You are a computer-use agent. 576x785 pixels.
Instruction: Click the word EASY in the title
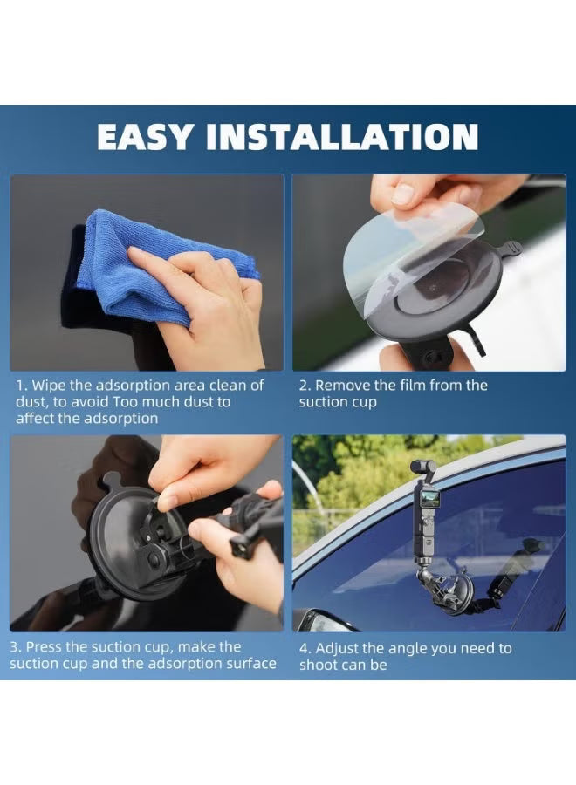(145, 136)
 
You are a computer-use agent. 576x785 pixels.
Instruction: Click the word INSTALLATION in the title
(342, 136)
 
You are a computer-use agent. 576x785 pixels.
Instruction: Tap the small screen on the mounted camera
(430, 497)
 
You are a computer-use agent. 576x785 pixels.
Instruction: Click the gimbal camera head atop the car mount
(422, 469)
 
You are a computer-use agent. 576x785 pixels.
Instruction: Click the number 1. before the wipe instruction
(22, 386)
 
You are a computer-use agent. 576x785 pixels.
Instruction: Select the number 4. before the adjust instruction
(305, 649)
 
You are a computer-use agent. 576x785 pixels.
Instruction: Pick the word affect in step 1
(35, 418)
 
